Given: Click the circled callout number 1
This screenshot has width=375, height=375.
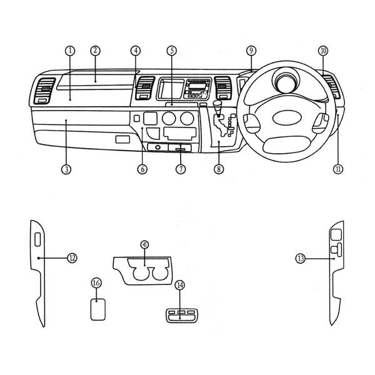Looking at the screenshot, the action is point(70,51).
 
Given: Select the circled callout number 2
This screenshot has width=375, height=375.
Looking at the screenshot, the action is point(96,51).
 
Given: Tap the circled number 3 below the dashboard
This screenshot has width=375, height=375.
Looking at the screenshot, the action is point(66,169).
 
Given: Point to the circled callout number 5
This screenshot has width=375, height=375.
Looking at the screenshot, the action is point(172,51).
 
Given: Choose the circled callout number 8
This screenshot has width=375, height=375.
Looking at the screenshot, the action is point(219,169).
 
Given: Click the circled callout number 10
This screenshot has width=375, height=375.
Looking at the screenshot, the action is point(323,51).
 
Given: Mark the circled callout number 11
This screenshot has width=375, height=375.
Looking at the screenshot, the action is point(338,169).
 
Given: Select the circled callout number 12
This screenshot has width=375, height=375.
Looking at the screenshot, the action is point(72,258).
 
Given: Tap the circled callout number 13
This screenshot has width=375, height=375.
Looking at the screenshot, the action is point(301,258).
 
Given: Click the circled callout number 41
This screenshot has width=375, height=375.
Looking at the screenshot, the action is point(145,244).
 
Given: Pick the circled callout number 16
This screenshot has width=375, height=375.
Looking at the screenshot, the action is point(96,283).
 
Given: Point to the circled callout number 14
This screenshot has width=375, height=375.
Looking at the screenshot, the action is point(180,285).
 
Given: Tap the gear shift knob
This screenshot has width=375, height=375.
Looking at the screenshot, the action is point(217,104).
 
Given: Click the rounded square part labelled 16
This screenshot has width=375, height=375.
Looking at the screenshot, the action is point(98,309).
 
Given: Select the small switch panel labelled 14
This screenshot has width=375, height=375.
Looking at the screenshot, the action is point(181,316).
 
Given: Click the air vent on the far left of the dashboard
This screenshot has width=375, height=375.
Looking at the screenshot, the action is point(44,91).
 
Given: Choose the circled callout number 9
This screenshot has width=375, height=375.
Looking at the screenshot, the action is point(251,51).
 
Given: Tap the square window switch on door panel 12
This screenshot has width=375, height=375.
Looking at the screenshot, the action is point(37,239).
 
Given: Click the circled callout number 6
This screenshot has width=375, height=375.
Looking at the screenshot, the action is point(142,169).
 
